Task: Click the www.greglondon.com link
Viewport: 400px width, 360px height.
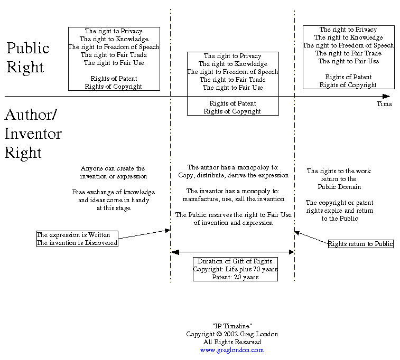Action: [232, 350]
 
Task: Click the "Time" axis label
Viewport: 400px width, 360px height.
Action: [384, 104]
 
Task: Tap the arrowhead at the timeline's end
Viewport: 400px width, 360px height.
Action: [387, 96]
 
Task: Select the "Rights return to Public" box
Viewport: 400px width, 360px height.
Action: [361, 244]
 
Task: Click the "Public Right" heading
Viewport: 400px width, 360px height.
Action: [27, 58]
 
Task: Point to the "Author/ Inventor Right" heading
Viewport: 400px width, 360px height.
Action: [33, 134]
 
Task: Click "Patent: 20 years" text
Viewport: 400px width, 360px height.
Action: [235, 277]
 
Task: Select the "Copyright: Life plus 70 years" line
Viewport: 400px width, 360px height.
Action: [235, 269]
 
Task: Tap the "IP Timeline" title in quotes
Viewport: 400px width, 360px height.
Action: [232, 326]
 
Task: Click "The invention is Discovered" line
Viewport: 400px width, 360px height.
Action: [77, 243]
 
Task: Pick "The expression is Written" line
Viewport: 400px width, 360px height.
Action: [77, 235]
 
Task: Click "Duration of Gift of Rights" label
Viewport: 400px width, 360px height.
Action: [235, 261]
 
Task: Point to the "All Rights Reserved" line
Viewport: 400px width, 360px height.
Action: [232, 342]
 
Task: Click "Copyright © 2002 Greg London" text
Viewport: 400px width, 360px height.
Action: [232, 334]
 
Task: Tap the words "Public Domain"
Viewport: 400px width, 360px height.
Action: [339, 187]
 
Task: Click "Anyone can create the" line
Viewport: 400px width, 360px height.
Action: [113, 168]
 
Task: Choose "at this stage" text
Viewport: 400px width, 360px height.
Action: [113, 208]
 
